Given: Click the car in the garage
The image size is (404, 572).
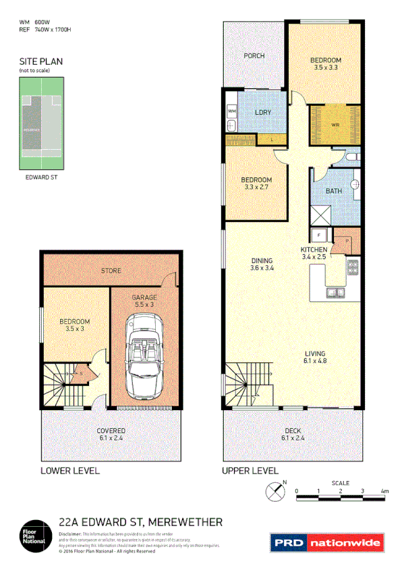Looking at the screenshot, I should (x=144, y=362).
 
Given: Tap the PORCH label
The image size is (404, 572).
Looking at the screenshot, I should (x=254, y=55).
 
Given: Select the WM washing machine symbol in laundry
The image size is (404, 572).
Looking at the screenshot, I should (x=231, y=110).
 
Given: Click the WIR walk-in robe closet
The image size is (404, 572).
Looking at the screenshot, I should (x=335, y=124).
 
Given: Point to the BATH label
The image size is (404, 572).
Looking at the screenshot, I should (x=333, y=191).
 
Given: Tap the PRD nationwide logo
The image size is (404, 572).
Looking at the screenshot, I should (x=326, y=542).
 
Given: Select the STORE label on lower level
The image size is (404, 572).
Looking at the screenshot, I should (x=111, y=270).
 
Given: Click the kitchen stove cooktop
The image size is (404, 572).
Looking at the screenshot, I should (x=353, y=268).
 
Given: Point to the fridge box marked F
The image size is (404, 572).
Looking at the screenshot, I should (x=320, y=235).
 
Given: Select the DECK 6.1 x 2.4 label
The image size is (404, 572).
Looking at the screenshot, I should (x=292, y=434).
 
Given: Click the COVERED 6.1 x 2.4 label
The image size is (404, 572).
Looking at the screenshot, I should (x=111, y=434).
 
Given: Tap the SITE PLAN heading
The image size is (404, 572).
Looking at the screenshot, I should (x=40, y=61).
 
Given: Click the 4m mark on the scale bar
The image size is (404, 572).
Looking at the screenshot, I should (x=384, y=491).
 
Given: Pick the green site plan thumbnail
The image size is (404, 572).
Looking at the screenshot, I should (x=40, y=122).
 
